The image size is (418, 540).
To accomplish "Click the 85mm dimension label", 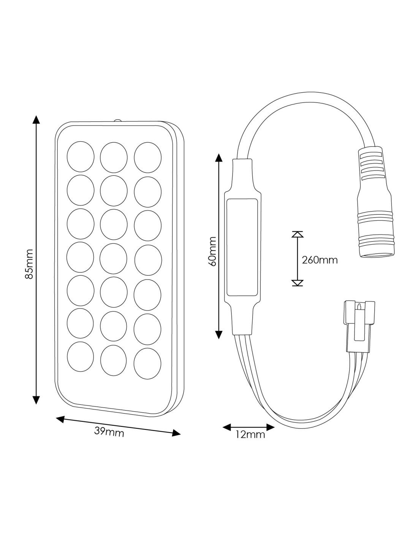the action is pyautogui.click(x=29, y=264).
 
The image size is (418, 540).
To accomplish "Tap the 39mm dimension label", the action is pyautogui.click(x=109, y=432).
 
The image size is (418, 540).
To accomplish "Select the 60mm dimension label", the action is pyautogui.click(x=212, y=251).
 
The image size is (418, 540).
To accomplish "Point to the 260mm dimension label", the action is pyautogui.click(x=320, y=260).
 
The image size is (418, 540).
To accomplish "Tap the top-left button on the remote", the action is pyautogui.click(x=81, y=156).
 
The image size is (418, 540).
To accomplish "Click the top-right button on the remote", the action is pyautogui.click(x=148, y=157).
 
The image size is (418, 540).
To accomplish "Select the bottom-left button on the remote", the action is pyautogui.click(x=80, y=357).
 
